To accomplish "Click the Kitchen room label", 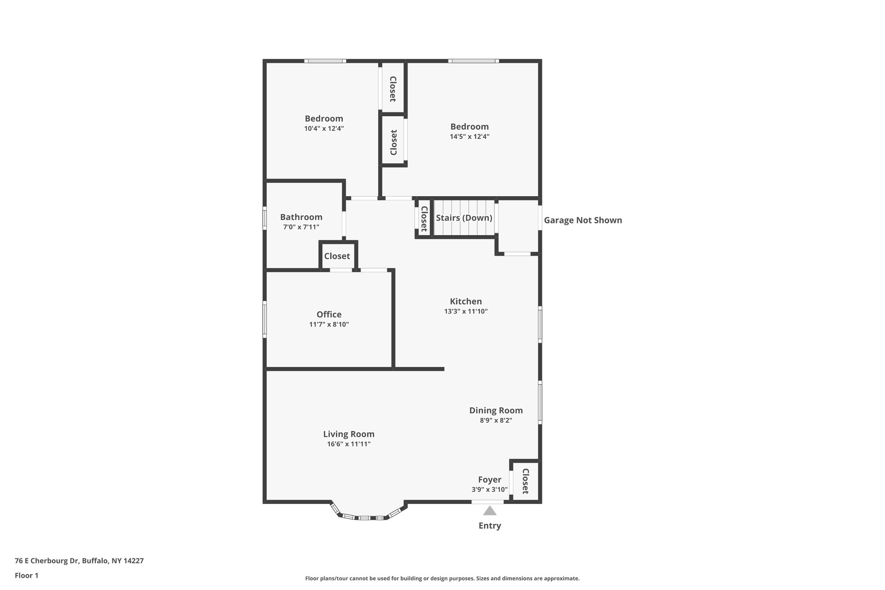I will point(465,301).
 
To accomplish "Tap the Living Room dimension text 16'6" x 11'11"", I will point(349,444).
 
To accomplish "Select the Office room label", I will point(329,314).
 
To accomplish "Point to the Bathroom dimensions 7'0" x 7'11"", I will point(301,227).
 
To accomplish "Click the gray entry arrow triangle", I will point(490,511).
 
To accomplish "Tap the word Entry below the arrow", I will point(490,526).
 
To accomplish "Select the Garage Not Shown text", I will point(583,220).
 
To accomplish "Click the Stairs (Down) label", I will point(464,218).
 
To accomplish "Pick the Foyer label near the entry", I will point(490,479).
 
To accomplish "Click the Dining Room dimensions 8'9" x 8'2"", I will point(496,420).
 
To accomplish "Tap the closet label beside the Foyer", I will point(525,481).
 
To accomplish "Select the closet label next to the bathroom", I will point(337,256).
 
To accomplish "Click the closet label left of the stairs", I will point(424,218).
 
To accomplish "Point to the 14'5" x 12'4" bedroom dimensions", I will point(469,137).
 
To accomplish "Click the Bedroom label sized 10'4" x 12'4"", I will point(324,118).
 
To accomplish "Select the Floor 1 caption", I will point(26,575).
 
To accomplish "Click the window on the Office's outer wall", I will point(265,319).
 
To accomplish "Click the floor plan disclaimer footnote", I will point(442,578).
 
